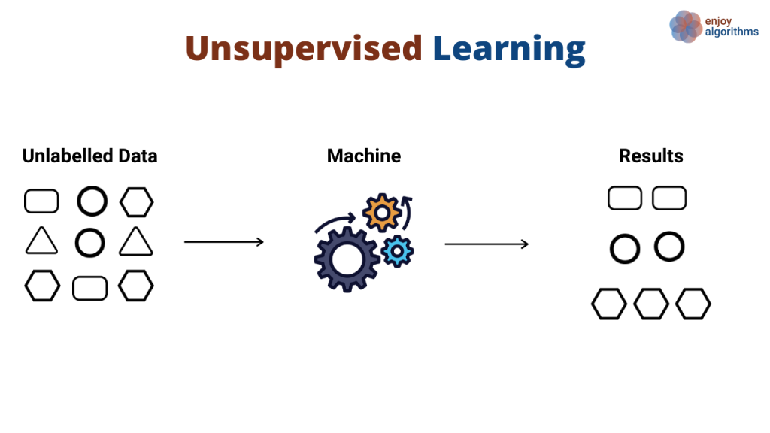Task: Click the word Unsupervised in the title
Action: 304,48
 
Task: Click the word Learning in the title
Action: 508,48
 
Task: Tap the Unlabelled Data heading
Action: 89,156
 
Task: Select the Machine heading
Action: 364,156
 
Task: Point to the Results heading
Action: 651,156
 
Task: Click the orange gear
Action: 382,213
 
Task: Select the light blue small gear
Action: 396,250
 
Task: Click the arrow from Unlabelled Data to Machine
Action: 224,241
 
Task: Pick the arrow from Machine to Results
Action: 487,244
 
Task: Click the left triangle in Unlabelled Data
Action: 41,242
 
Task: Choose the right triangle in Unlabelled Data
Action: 136,242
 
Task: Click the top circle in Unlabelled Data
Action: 92,201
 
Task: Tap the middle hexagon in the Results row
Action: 651,304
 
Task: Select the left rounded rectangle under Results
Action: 625,198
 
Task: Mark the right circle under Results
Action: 669,247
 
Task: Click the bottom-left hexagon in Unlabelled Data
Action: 42,286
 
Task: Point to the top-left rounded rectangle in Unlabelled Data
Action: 41,201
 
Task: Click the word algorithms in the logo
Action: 732,32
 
